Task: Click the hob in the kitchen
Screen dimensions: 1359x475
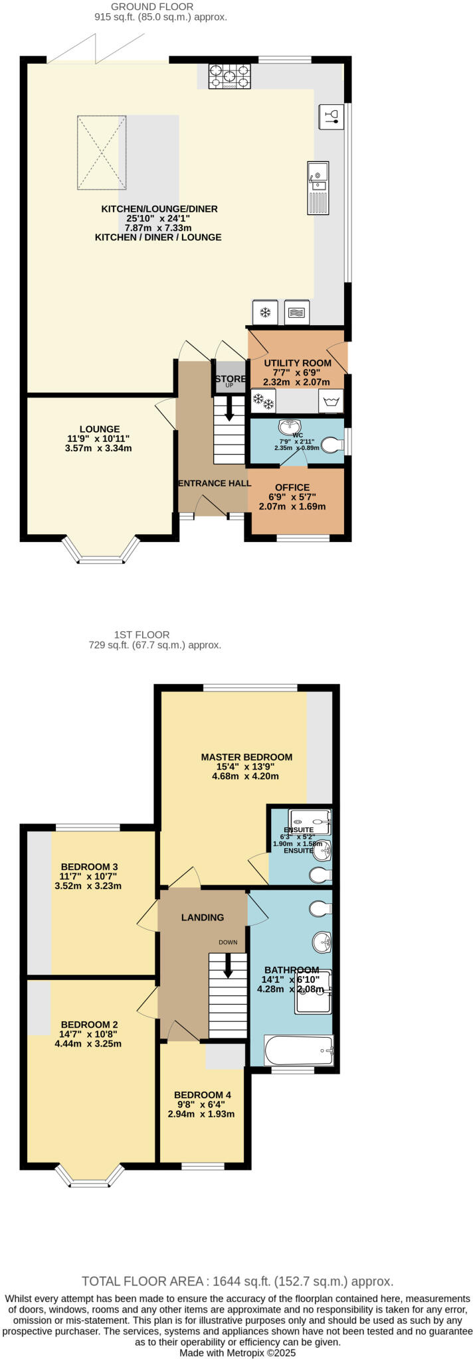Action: [230, 76]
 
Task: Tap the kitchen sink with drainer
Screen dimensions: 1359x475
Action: [318, 188]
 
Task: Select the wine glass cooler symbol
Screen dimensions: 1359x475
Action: [332, 115]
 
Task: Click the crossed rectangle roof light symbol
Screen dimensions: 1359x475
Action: [102, 151]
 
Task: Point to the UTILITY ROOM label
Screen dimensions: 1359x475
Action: [297, 363]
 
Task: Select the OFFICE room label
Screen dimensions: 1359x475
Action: [292, 487]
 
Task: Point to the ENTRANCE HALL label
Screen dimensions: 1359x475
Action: [214, 483]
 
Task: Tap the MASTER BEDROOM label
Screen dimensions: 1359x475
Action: [246, 756]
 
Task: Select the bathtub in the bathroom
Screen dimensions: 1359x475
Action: [298, 1050]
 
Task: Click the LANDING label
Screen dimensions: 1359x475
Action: [203, 917]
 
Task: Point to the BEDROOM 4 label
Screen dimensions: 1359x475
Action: [203, 1094]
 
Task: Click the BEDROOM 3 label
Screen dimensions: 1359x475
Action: [89, 867]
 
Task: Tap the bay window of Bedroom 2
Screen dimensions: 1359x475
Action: [90, 1175]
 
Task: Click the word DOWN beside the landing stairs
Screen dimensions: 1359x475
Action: [228, 942]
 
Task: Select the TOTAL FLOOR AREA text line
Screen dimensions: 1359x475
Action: [237, 1281]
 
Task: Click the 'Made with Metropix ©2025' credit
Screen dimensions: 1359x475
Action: [237, 1352]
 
